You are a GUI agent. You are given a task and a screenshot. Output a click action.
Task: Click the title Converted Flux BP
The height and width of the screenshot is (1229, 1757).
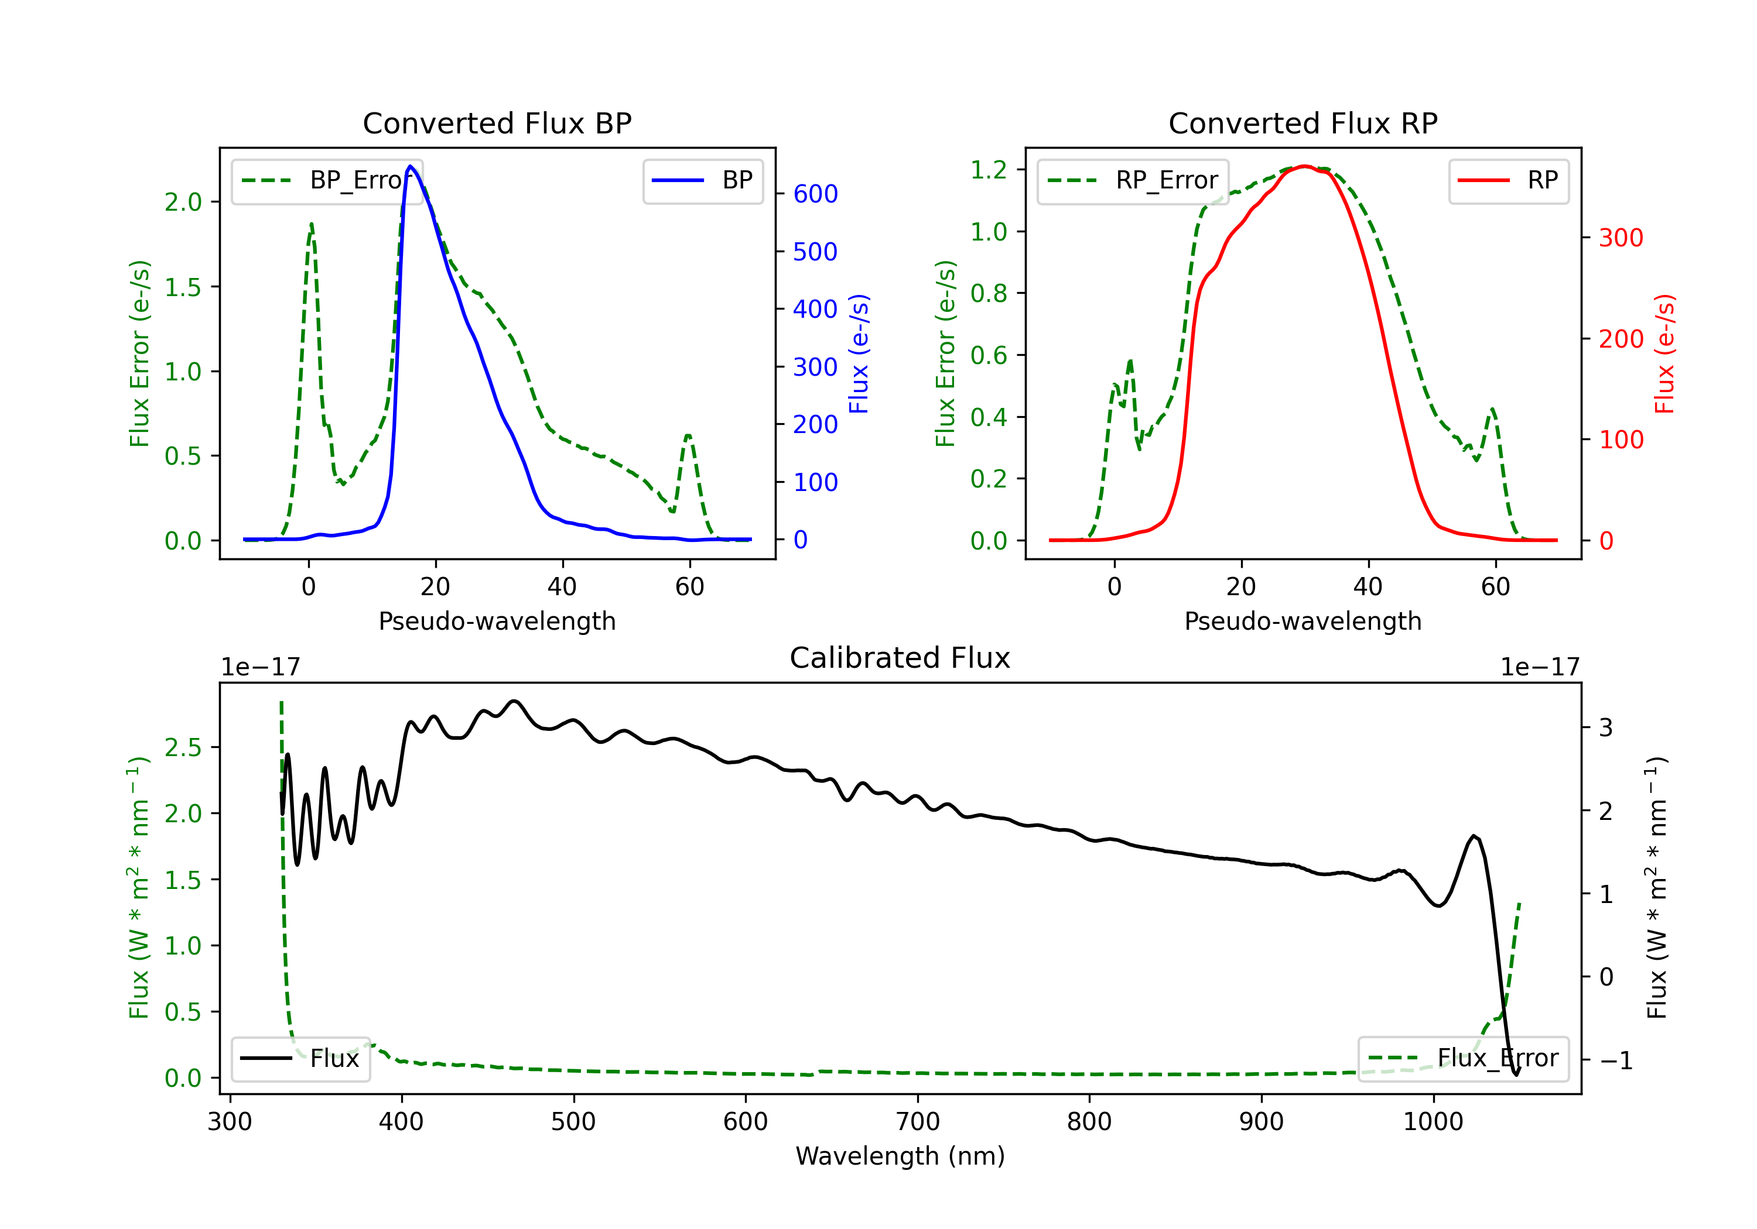point(497,123)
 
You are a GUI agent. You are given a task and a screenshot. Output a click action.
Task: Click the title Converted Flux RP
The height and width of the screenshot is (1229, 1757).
point(1303,123)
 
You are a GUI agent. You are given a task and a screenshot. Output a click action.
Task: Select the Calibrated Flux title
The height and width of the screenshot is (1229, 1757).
point(900,658)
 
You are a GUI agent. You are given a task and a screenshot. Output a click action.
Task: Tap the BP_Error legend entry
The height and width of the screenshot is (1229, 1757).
point(327,180)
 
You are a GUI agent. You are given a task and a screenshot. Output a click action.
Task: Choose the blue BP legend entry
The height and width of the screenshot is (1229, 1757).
point(702,180)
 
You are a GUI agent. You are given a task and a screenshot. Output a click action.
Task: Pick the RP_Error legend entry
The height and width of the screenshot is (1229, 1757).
point(1133,180)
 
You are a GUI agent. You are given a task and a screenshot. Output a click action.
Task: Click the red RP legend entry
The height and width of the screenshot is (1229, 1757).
point(1508,180)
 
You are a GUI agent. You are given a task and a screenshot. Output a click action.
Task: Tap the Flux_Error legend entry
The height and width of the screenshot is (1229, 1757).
point(1463,1059)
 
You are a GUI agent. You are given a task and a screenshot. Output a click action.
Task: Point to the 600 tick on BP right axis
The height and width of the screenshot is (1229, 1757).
point(816,194)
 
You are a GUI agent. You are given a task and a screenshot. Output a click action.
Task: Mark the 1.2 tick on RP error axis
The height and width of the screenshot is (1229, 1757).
point(989,170)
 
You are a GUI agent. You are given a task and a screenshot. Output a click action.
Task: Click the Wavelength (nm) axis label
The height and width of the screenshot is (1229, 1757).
point(900,1156)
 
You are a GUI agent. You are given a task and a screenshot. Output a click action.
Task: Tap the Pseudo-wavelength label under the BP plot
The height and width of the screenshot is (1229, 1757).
point(497,621)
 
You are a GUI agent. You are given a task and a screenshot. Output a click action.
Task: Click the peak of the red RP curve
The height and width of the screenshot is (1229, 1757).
point(1305,166)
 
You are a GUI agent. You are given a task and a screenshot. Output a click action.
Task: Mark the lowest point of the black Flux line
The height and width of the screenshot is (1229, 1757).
point(1516,1074)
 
